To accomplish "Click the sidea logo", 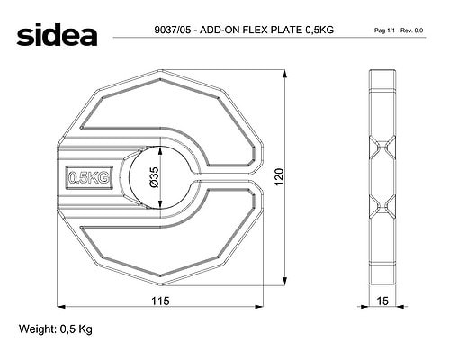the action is [57, 34].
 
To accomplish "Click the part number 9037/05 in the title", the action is [172, 30].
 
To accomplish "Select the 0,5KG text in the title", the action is [319, 30].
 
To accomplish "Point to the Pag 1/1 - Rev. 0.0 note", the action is [399, 31].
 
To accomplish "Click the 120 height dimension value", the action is [279, 177].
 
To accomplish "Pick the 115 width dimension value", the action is [160, 301].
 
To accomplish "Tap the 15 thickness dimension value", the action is [382, 301].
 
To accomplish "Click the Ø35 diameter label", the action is [154, 177].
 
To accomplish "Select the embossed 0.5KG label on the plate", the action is [89, 177].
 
